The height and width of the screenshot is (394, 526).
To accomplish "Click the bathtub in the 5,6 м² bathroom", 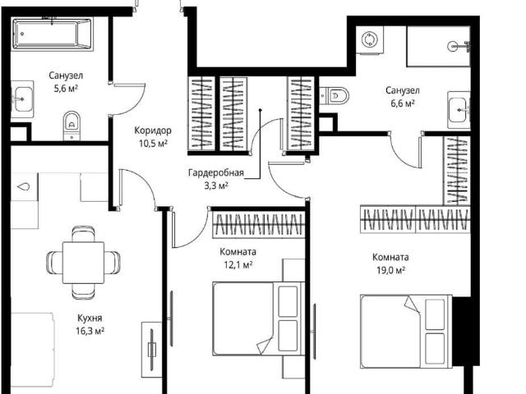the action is [x=52, y=34].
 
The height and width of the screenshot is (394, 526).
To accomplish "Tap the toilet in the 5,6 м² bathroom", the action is [x=72, y=126].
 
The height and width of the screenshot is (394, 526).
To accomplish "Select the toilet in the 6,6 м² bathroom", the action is [x=335, y=96].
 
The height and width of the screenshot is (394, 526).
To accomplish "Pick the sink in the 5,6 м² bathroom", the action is [x=22, y=99].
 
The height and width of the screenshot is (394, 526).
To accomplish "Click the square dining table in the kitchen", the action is [x=83, y=263].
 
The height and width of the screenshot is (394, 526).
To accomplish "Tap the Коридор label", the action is [x=153, y=130].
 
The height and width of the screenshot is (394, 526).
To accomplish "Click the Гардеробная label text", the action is [x=216, y=173].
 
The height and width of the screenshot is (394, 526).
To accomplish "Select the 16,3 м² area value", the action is [x=90, y=331].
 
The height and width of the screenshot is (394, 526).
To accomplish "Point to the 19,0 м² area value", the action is [x=391, y=270].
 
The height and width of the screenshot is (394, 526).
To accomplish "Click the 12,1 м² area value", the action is [x=238, y=264].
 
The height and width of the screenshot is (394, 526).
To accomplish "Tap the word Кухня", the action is [x=90, y=318].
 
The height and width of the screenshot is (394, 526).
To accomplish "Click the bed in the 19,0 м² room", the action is [x=406, y=332].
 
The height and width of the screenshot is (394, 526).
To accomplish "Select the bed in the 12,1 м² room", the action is [x=259, y=318].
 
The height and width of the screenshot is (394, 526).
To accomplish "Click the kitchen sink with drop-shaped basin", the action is [x=24, y=186].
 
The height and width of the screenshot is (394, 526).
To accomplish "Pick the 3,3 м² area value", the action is [x=216, y=186].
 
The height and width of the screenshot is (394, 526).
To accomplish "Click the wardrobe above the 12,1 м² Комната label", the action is [x=259, y=224].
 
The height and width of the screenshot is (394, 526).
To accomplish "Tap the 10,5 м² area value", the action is [x=154, y=144].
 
